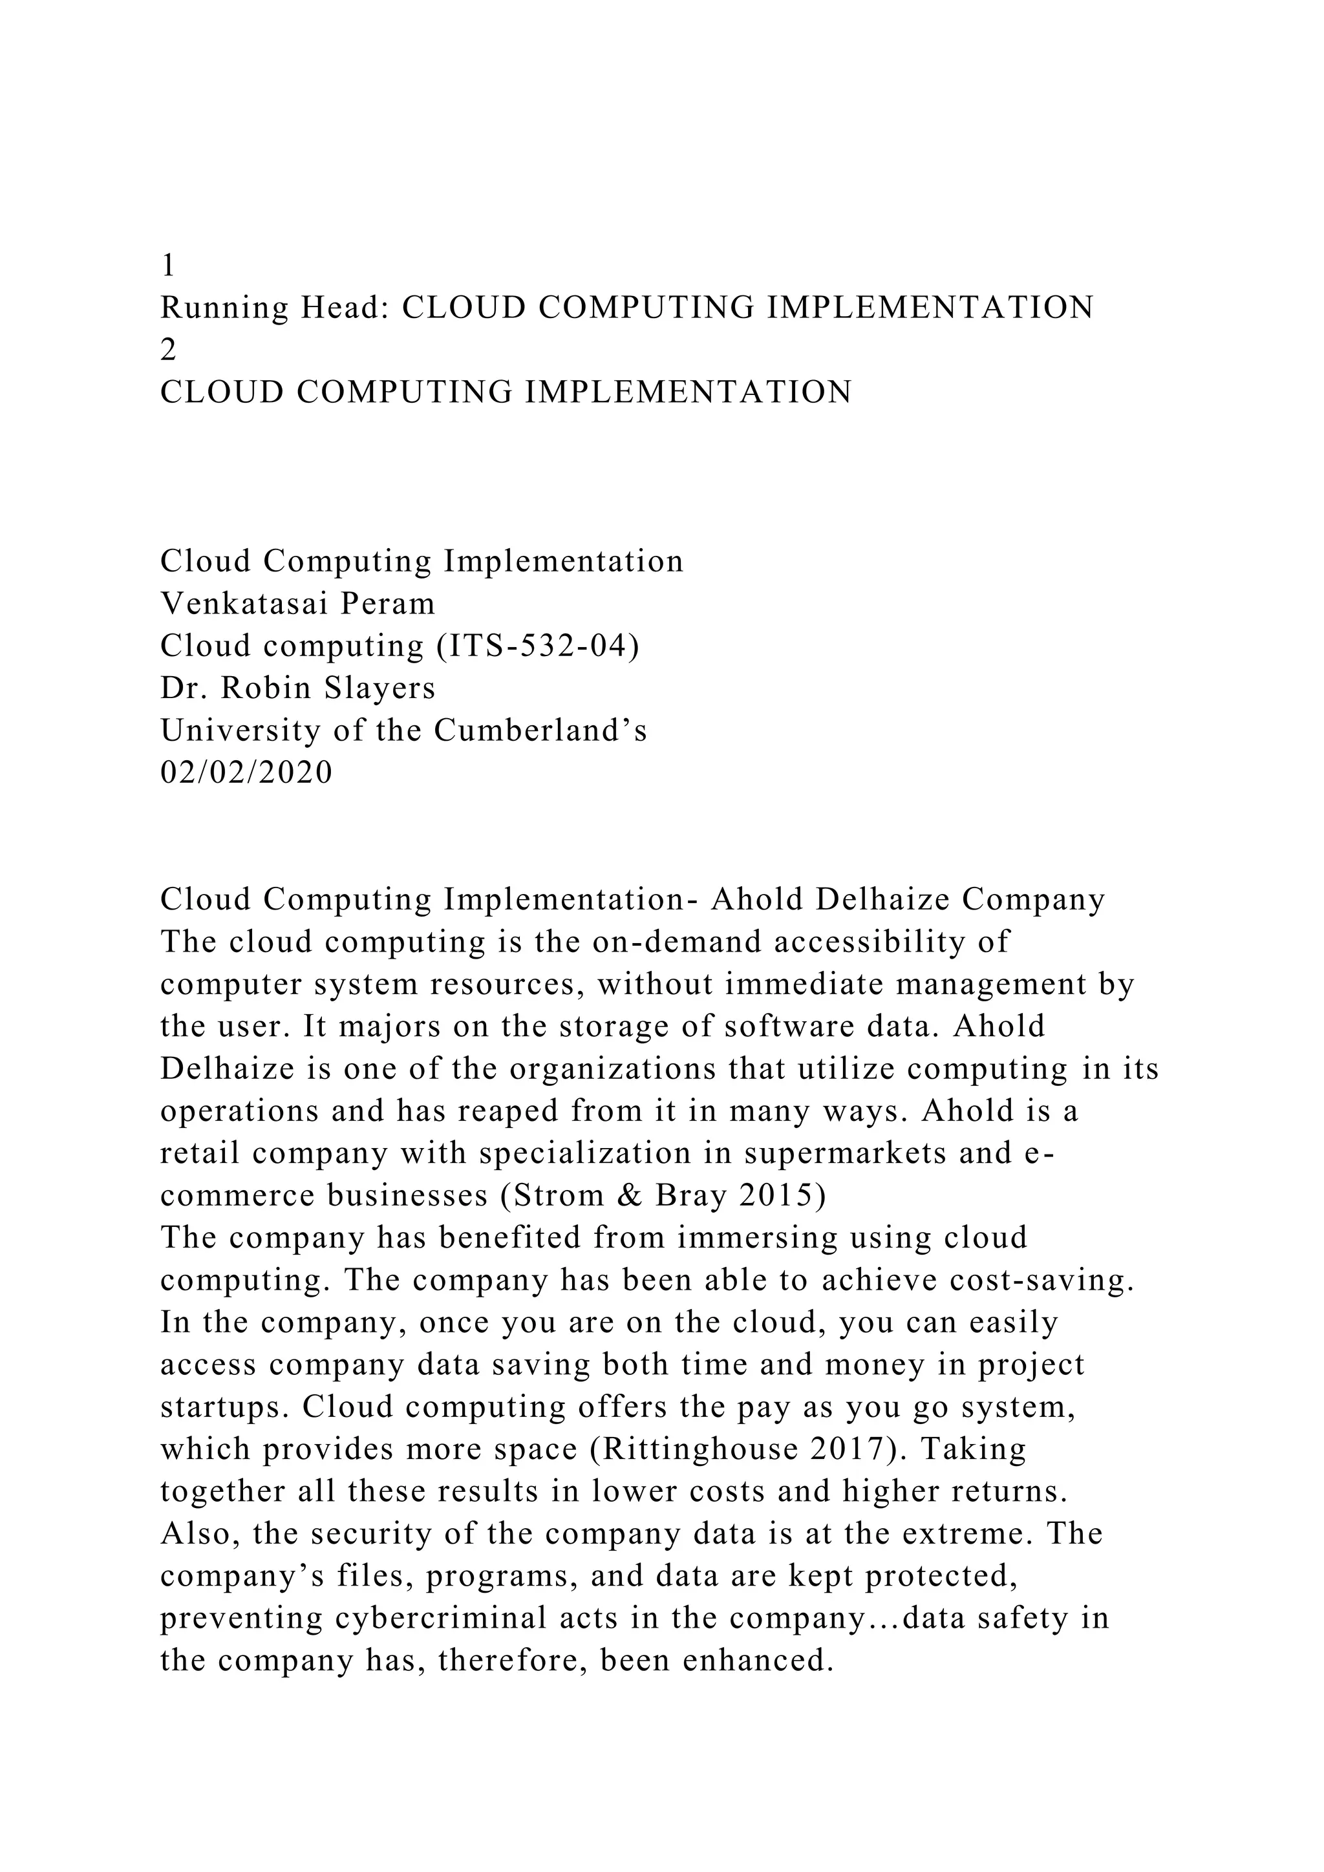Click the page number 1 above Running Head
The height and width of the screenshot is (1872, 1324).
168,265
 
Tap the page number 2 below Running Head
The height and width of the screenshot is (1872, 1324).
168,350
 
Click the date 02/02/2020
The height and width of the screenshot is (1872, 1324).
246,772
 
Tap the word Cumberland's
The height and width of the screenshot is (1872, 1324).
540,730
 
